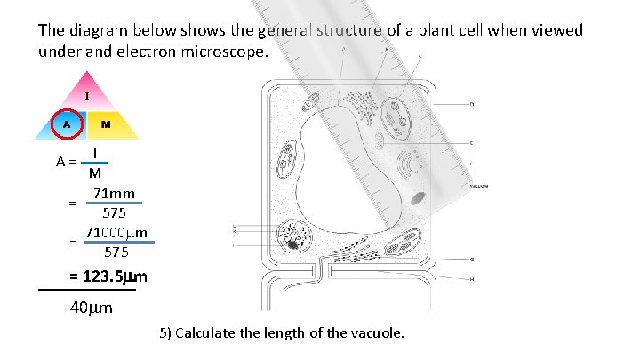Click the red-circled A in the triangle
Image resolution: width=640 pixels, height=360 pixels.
[67, 124]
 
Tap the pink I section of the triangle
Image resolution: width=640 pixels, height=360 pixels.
[86, 95]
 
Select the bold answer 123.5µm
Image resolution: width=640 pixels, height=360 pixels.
[108, 276]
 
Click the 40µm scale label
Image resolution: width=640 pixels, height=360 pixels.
[91, 308]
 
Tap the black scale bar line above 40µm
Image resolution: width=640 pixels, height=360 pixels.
[87, 290]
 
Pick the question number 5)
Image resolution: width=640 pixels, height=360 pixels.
[165, 333]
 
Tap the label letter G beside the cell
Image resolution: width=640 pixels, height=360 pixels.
[471, 260]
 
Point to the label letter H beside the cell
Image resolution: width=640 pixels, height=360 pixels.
[471, 279]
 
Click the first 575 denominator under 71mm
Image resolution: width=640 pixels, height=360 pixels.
[114, 213]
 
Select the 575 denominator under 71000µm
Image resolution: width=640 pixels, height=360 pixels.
[116, 252]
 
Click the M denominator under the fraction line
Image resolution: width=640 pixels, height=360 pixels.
[94, 174]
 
